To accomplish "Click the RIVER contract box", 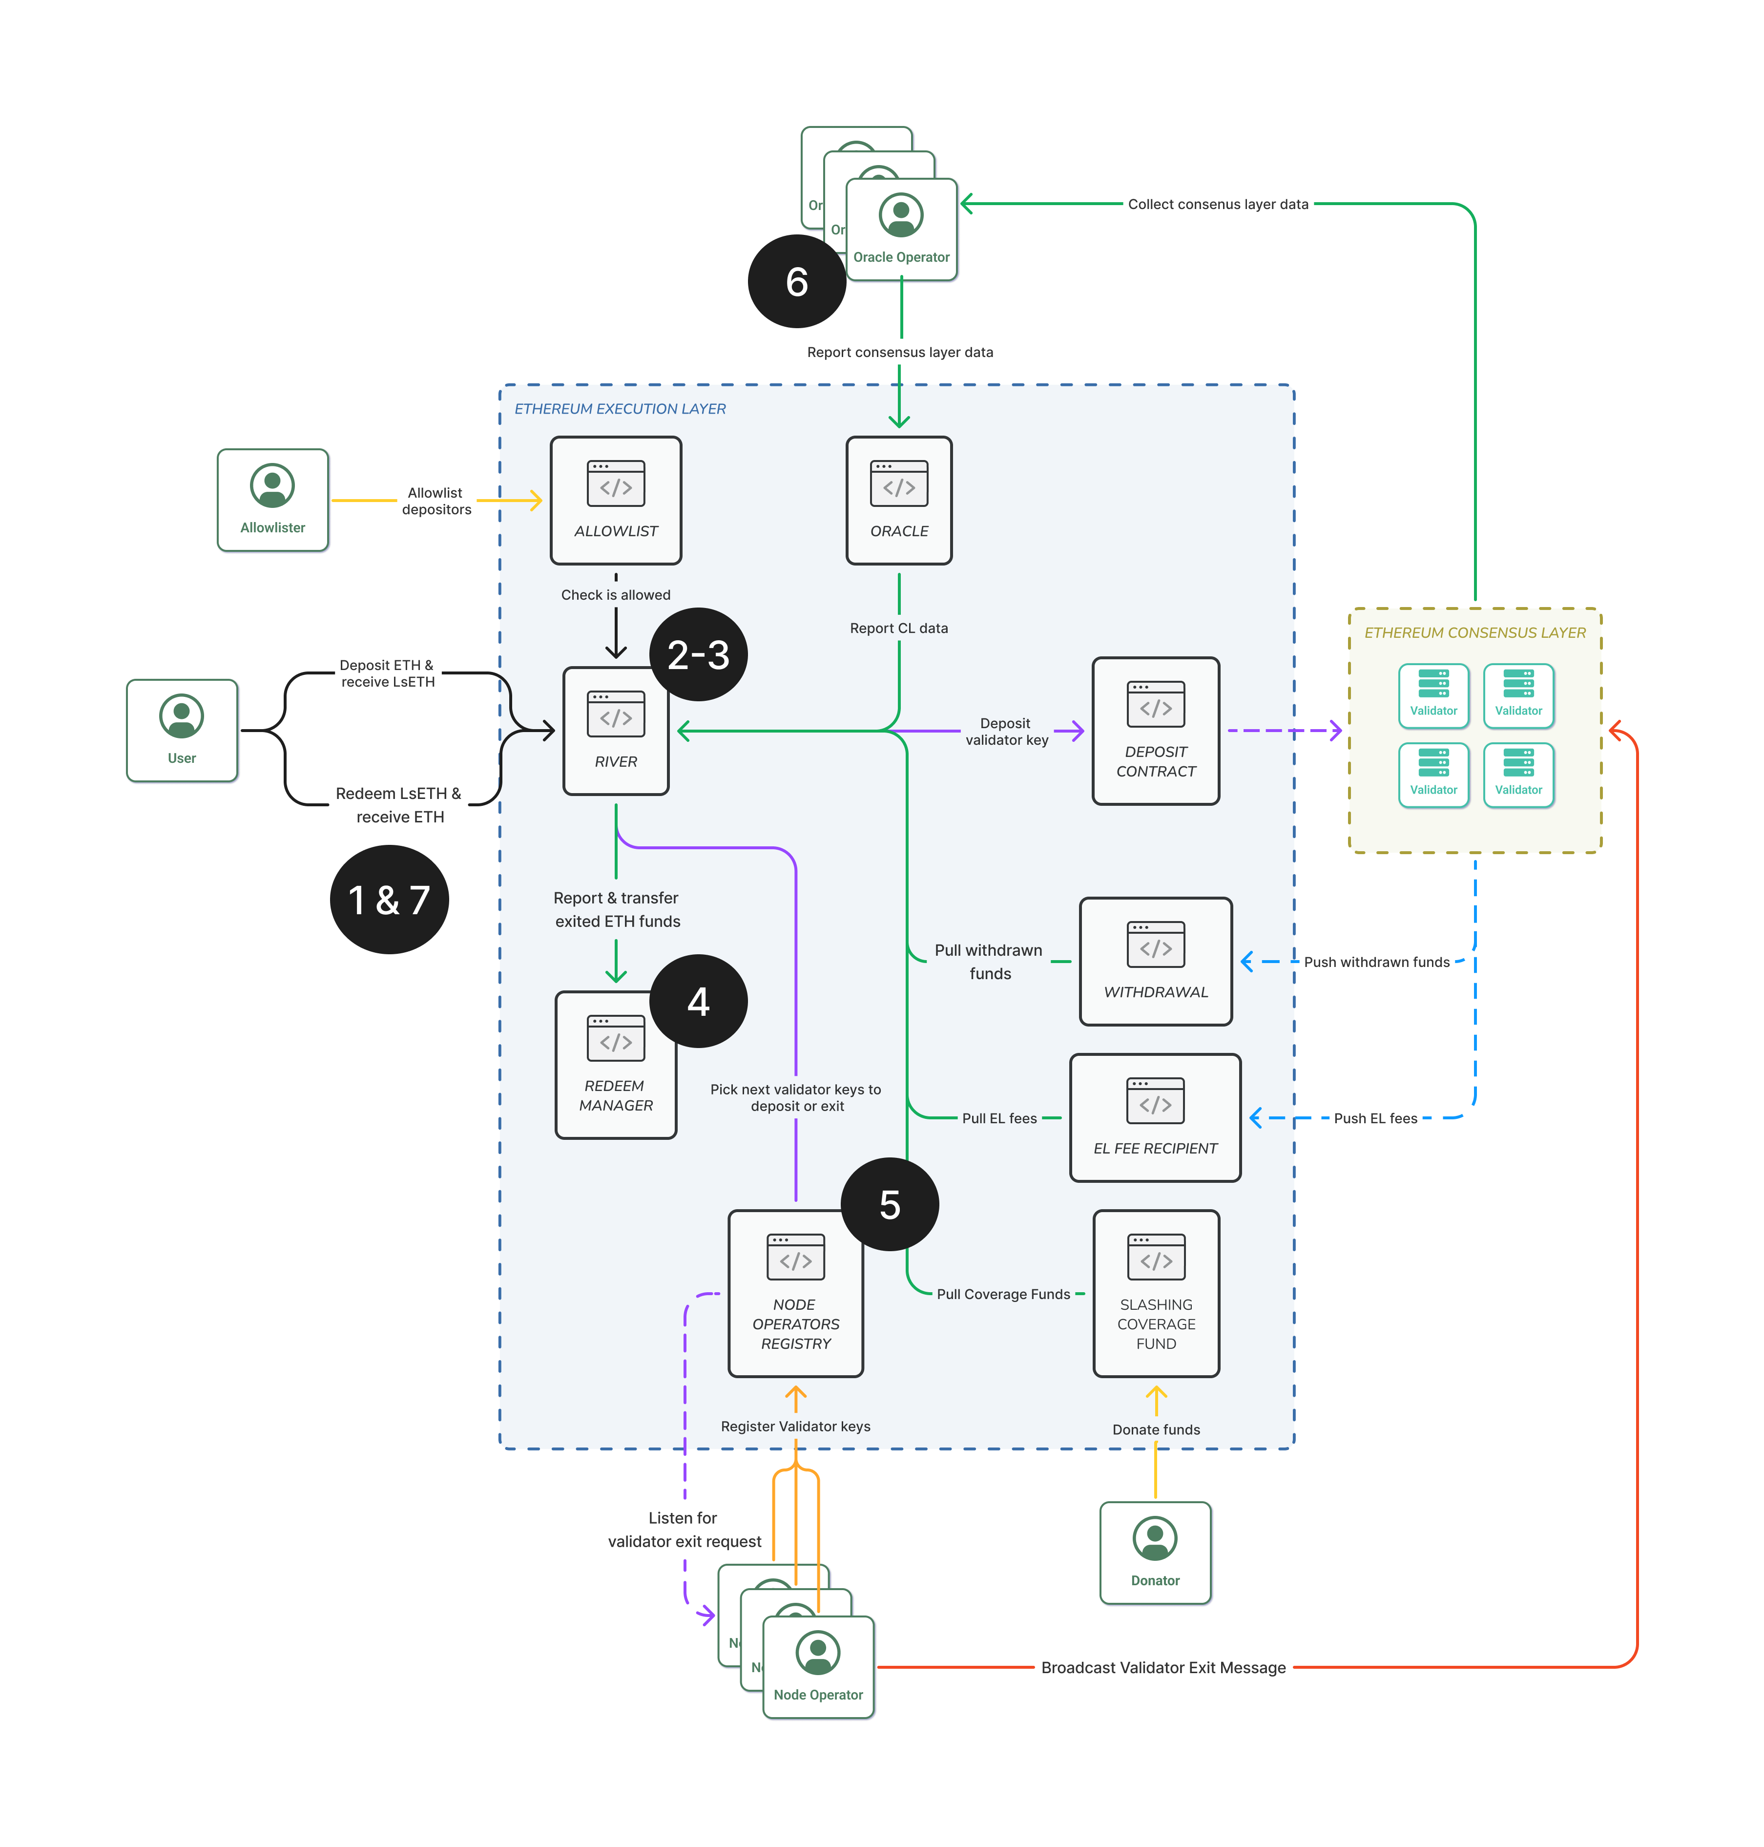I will pos(615,732).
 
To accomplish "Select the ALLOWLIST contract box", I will pos(615,500).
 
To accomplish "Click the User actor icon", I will pos(182,716).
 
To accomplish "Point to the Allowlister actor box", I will pos(273,500).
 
